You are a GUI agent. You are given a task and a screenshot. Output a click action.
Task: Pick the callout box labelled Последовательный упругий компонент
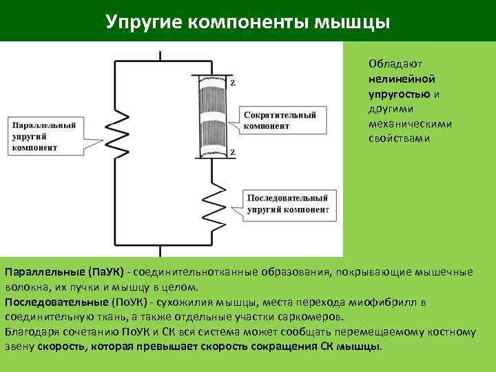tap(287, 204)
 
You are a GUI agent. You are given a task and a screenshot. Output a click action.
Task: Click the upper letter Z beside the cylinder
tap(232, 83)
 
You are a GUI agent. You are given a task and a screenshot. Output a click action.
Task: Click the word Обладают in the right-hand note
tap(391, 63)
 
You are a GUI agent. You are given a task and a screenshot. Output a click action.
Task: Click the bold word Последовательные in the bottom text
tap(56, 302)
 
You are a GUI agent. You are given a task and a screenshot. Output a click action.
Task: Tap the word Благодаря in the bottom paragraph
tap(30, 331)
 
